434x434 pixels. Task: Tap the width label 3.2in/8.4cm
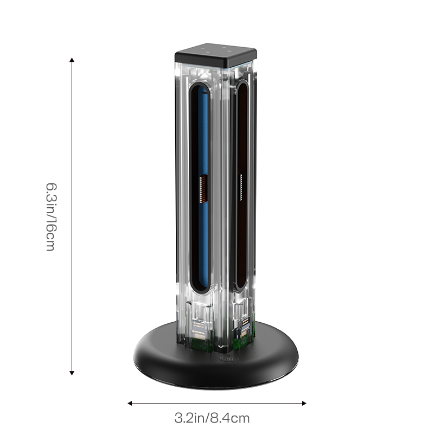pos(212,418)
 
